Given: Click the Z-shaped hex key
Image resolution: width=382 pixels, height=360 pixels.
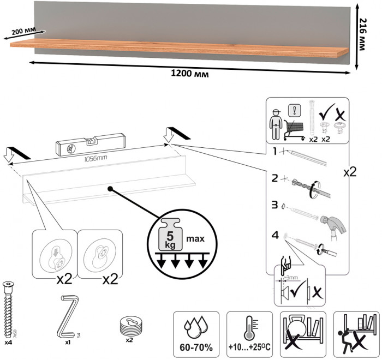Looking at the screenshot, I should click(66, 316).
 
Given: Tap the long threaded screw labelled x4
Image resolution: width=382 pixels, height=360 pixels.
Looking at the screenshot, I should click(9, 308).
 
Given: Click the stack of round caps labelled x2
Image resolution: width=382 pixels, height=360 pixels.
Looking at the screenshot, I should click(130, 326).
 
